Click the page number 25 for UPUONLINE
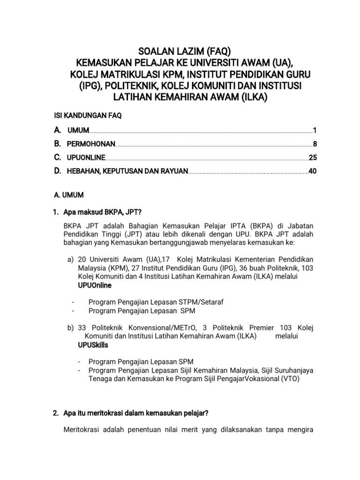(313, 158)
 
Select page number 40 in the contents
(313, 172)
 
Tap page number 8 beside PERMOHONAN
(315, 144)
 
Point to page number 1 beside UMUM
(315, 130)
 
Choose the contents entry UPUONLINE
(86, 158)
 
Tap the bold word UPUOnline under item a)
(95, 285)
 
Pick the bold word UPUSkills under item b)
(93, 345)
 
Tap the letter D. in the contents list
(58, 172)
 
